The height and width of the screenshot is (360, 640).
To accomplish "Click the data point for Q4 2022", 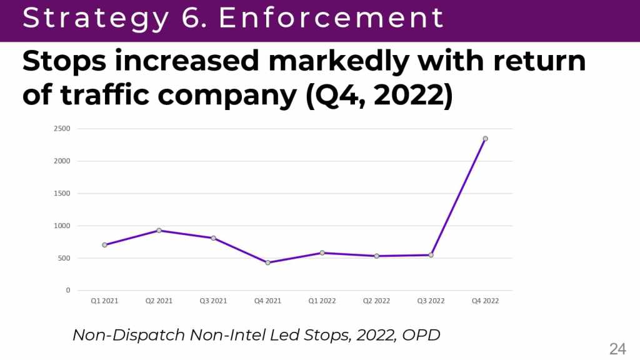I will tap(485, 139).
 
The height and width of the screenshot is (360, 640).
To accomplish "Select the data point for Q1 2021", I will tap(104, 245).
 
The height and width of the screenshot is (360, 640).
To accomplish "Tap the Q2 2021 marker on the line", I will tap(159, 231).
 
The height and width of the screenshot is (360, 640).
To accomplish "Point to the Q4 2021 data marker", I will tap(267, 262).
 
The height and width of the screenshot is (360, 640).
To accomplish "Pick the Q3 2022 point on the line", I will tap(431, 255).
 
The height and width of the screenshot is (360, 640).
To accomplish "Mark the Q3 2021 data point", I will tap(213, 238).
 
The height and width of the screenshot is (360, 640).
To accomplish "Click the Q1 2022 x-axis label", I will tap(322, 301).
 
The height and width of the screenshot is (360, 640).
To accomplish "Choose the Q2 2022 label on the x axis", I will tap(376, 301).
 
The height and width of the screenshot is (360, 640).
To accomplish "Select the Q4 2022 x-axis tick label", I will tap(485, 301).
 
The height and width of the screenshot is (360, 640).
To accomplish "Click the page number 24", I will tap(617, 349).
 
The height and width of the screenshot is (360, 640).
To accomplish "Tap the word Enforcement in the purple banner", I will tap(332, 18).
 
